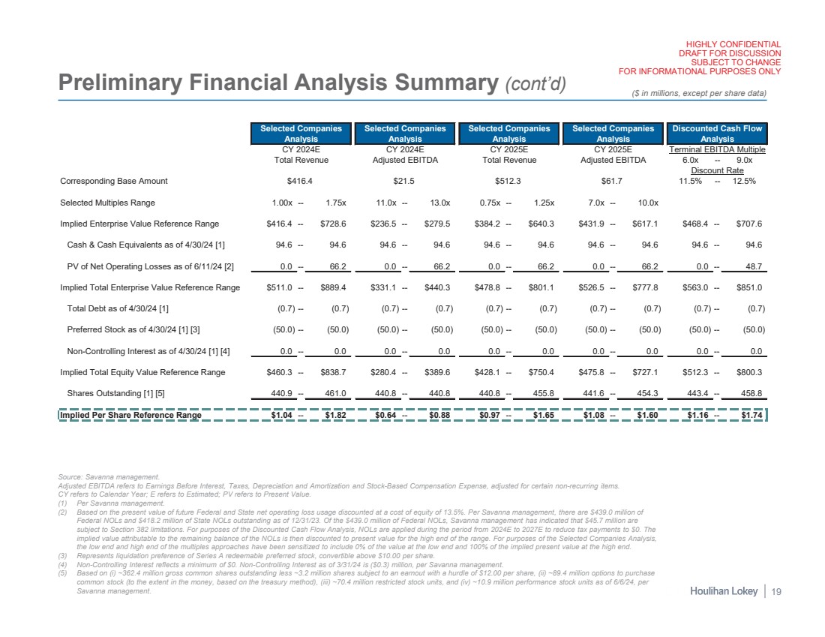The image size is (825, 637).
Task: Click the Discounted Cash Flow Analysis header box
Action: click(717, 133)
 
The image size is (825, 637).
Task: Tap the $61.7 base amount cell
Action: click(613, 181)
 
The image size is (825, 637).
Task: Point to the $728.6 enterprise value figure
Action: click(331, 224)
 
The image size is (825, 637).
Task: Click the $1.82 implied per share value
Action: click(331, 415)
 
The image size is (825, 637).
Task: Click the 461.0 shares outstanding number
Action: click(331, 393)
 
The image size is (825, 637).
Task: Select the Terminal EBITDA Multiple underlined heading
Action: click(717, 149)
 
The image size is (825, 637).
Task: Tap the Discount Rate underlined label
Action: click(717, 170)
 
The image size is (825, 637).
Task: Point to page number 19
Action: click(775, 592)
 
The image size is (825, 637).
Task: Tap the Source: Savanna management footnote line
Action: click(109, 476)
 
